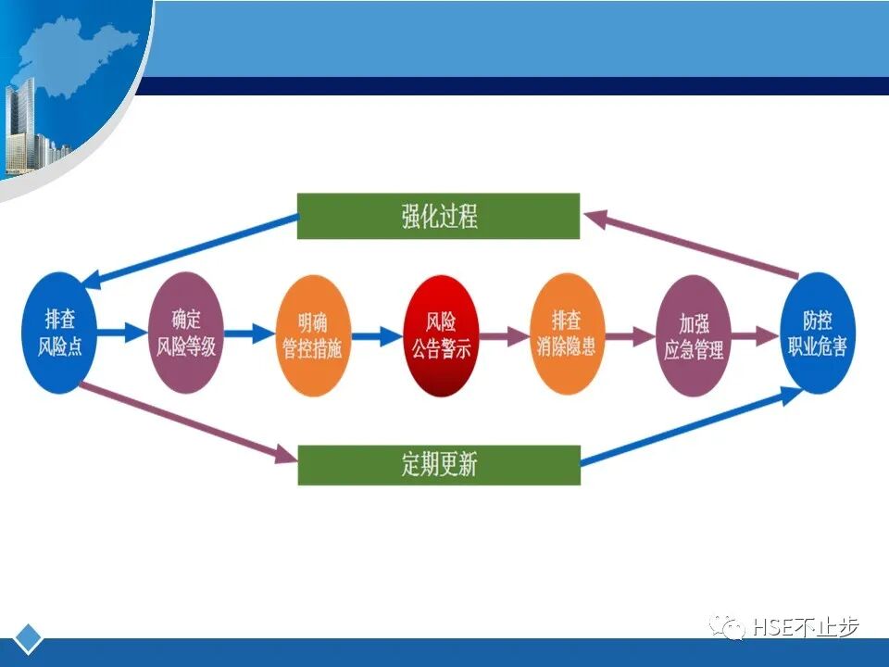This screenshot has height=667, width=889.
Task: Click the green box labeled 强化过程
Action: point(438,217)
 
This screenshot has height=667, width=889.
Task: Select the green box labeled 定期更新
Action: point(439,464)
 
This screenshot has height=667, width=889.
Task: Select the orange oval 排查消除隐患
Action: point(567,334)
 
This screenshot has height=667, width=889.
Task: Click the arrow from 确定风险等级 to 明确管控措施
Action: point(249,333)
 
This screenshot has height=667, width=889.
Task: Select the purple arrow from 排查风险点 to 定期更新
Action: point(185,422)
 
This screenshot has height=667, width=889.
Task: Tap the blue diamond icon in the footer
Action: point(30,638)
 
